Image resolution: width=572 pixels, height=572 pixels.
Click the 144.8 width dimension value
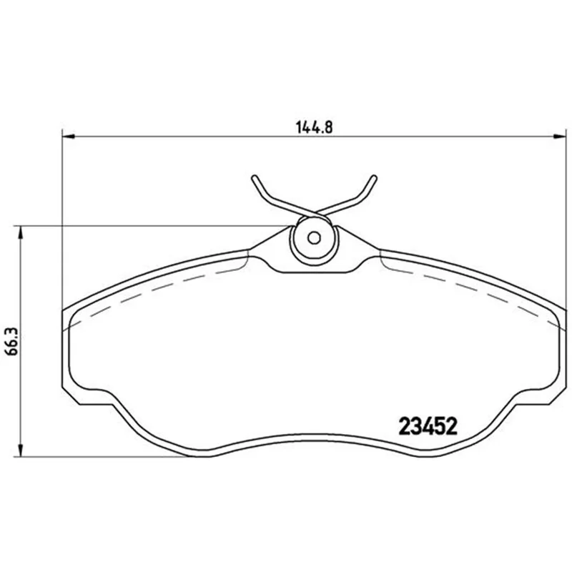point(314,127)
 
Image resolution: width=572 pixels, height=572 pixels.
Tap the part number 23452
point(428,426)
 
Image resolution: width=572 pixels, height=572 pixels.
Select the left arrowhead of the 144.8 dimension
point(69,137)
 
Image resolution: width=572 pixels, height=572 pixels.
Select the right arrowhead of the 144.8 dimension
point(560,137)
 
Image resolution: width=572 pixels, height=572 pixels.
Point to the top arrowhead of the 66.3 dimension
point(21,232)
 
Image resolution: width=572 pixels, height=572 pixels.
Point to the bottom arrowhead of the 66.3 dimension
point(21,450)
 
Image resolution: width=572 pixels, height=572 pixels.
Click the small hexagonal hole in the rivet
point(314,238)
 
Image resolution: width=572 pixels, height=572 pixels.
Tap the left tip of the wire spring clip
point(254,177)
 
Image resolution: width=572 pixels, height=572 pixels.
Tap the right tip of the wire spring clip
point(374,177)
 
